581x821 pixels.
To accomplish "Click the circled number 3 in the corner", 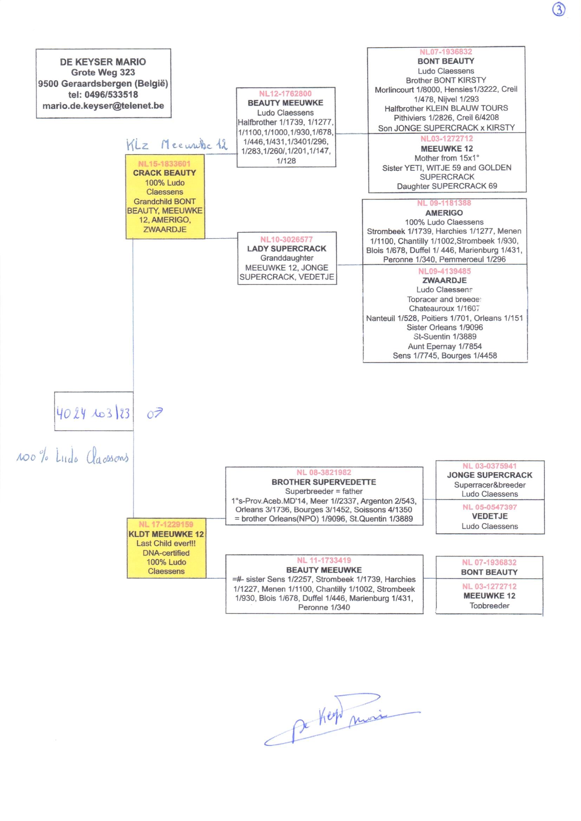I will click(x=559, y=9).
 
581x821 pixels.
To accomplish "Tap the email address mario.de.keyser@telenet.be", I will click(x=103, y=106).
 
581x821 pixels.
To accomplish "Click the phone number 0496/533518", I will click(x=111, y=95).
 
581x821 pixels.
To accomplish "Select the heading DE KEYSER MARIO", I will click(x=103, y=62).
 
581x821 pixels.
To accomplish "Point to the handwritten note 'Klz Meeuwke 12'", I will click(x=176, y=144).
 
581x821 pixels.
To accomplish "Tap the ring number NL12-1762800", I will click(x=285, y=94).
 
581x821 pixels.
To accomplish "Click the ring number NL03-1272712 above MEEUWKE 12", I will click(x=446, y=139).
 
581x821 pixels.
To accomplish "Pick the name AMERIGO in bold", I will click(x=444, y=213).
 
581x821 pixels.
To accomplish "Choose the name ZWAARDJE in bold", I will click(x=444, y=280).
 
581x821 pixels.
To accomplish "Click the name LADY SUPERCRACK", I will click(x=287, y=249).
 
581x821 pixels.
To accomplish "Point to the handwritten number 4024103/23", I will click(x=93, y=413).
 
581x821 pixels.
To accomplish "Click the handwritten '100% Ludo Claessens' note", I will click(x=72, y=457).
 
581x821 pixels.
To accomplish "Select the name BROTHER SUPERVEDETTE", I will click(x=324, y=482).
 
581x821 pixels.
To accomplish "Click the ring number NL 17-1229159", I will click(x=166, y=525).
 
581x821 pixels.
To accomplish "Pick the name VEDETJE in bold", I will click(x=489, y=516).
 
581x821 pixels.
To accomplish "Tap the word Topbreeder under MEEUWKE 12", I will click(x=489, y=606).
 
